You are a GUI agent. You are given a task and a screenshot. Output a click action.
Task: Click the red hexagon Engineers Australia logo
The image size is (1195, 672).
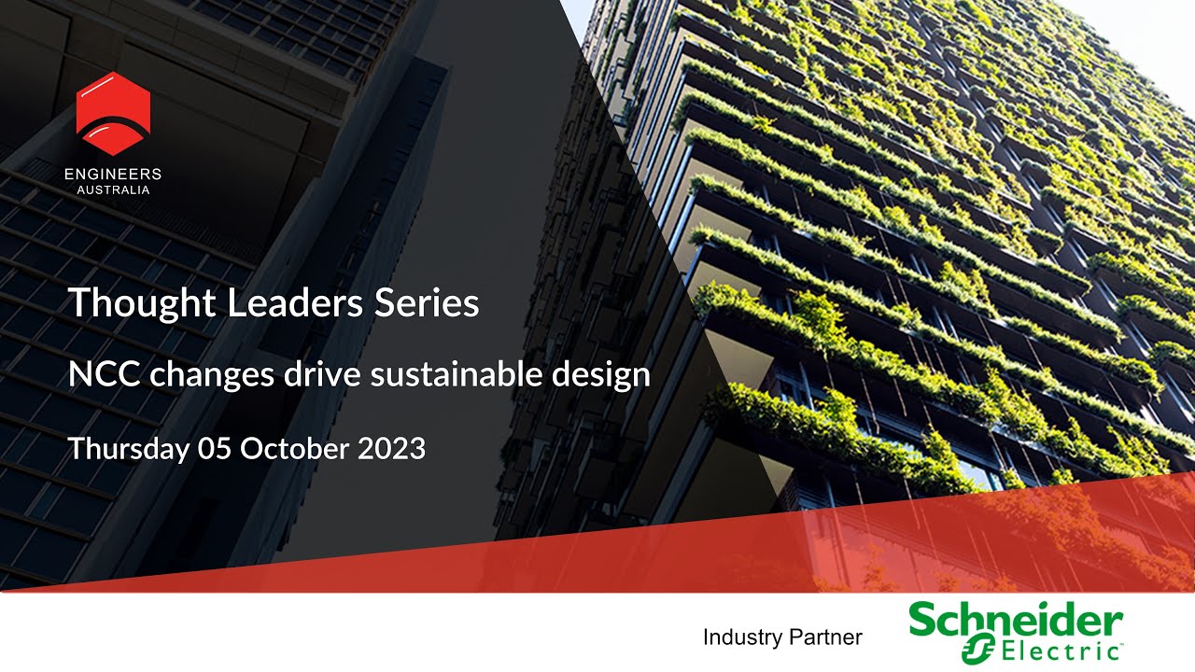pyautogui.click(x=113, y=113)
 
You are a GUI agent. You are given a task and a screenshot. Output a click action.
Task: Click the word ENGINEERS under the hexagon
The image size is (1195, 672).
pyautogui.click(x=113, y=175)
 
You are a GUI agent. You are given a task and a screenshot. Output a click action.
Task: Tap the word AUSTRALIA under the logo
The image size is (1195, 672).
pyautogui.click(x=113, y=190)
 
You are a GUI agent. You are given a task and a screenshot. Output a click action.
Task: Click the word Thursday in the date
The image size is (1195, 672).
pyautogui.click(x=127, y=449)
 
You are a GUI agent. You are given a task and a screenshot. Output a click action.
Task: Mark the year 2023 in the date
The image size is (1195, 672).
pyautogui.click(x=392, y=449)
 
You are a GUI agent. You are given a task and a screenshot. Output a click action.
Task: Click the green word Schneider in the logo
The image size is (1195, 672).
pyautogui.click(x=1016, y=621)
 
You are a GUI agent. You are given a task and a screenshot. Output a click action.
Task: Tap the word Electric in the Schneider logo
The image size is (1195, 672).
pyautogui.click(x=1055, y=651)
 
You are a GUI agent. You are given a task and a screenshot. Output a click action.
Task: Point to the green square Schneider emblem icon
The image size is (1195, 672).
pyautogui.click(x=977, y=650)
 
